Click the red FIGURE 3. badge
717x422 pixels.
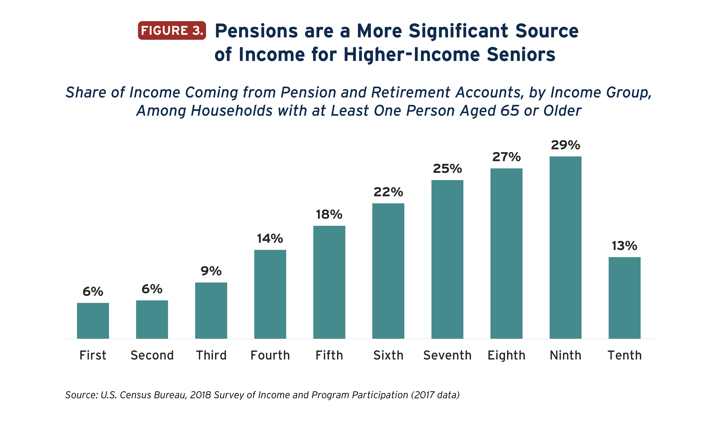click(172, 30)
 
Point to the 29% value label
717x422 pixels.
click(565, 145)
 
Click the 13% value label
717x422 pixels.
click(625, 246)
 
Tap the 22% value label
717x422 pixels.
click(388, 192)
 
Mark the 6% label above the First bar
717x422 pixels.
click(93, 292)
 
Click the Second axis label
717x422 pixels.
click(152, 355)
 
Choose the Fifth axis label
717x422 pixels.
click(329, 355)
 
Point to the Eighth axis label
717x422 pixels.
click(506, 355)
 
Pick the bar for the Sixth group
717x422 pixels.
click(388, 271)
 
